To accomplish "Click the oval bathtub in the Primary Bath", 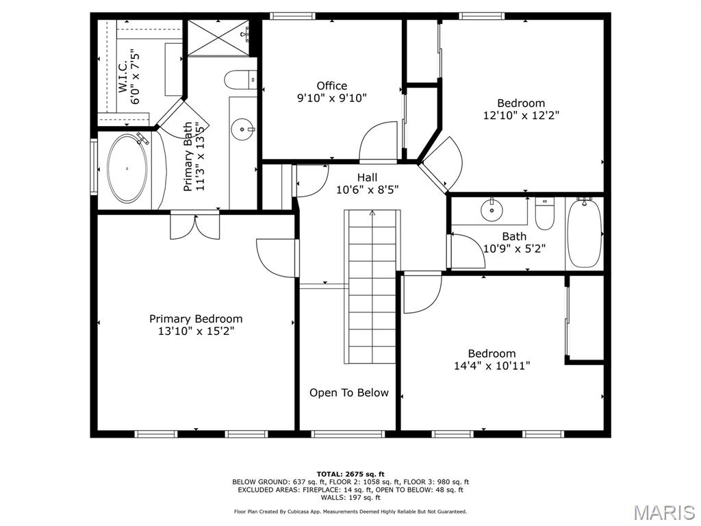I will [127, 168].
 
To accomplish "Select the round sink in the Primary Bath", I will [241, 129].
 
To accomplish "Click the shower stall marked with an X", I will [218, 38].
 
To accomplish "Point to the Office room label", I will [331, 86].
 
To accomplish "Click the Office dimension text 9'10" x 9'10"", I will [331, 98].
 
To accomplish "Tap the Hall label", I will [367, 177].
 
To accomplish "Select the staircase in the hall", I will [370, 287].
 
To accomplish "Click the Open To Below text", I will [348, 392].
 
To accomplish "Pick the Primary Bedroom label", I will [196, 318].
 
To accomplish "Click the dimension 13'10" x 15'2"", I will [196, 331].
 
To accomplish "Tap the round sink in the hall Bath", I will [492, 211].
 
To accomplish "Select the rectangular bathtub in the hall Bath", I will [584, 233].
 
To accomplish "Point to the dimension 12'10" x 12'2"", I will [521, 116].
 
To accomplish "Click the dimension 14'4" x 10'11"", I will [492, 366].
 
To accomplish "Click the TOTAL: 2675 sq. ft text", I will [350, 474].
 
